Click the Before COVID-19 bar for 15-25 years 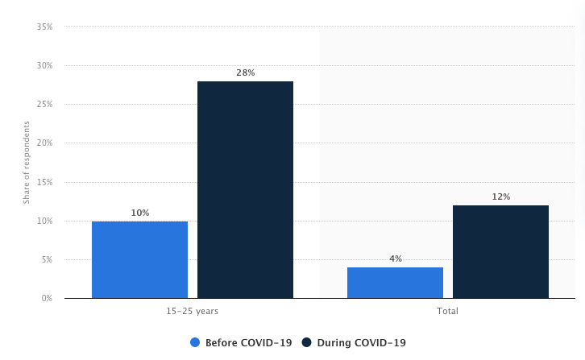(139, 259)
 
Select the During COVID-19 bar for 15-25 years (245, 189)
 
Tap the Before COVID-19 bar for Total (395, 283)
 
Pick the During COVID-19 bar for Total (500, 251)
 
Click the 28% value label (245, 72)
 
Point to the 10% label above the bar (139, 213)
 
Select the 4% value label (395, 259)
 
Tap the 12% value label (500, 197)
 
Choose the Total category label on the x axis (448, 311)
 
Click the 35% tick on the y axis (44, 27)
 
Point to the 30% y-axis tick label (44, 65)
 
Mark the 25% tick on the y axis (44, 105)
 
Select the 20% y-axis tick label (44, 143)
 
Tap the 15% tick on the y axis (44, 182)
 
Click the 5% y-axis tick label (47, 259)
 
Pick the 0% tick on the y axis (47, 298)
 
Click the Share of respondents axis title (27, 162)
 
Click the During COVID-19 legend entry (354, 342)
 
